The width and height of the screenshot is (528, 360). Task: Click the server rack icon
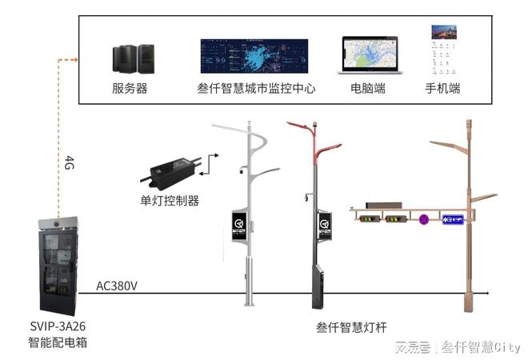coord(134,58)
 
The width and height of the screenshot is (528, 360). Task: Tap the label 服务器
coord(130,89)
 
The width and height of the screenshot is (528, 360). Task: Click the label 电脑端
coord(368,89)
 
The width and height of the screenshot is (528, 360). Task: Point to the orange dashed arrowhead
coord(74,59)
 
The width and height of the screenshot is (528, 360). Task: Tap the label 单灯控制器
coord(170,200)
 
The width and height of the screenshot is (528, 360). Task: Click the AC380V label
coord(117,286)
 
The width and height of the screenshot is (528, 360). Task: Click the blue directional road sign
coord(454,218)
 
